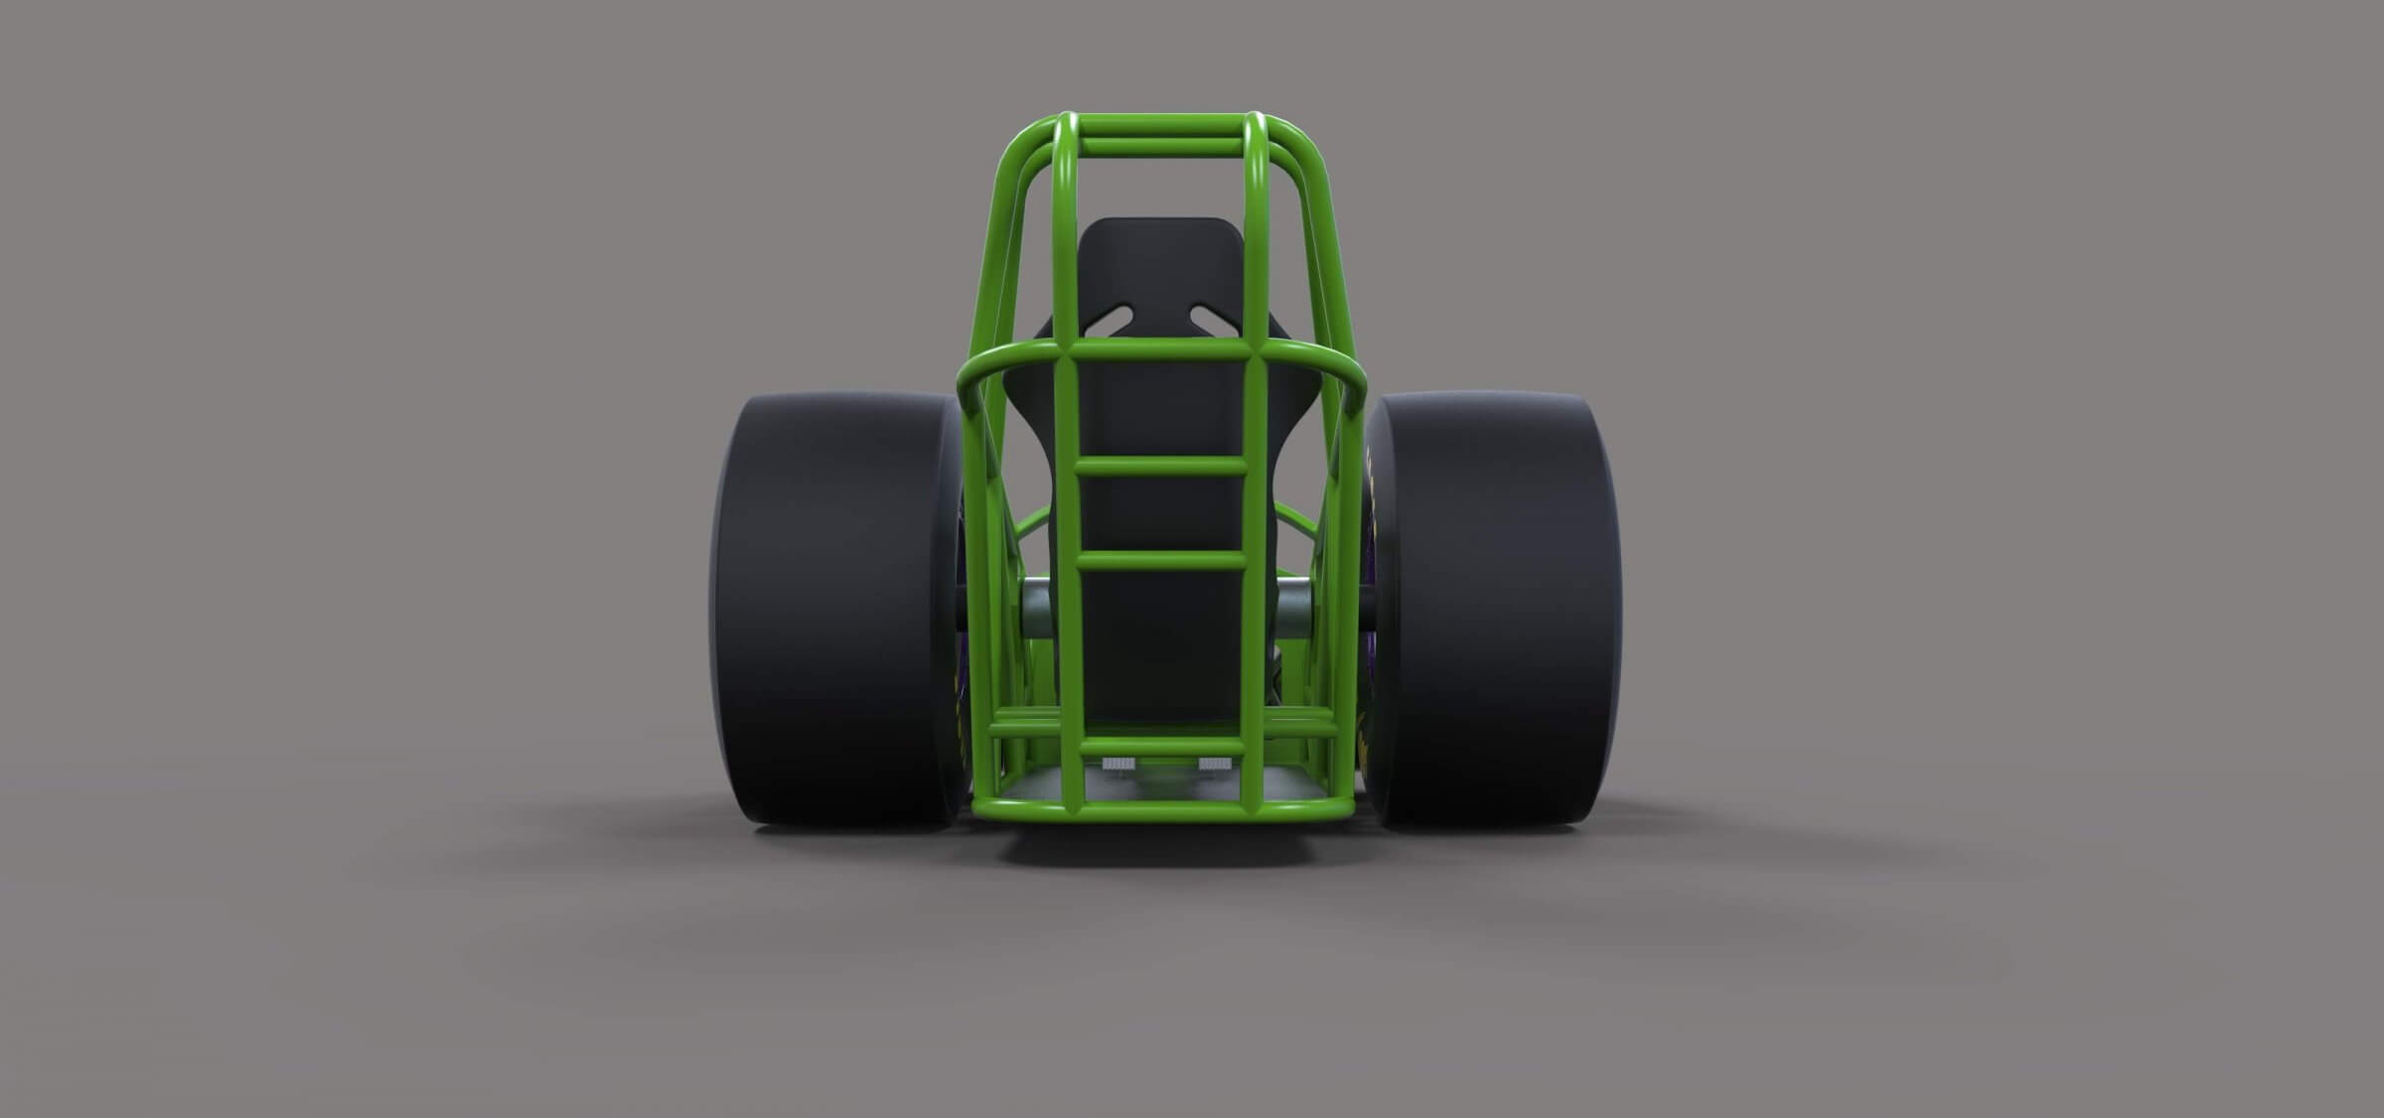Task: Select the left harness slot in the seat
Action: point(1113,320)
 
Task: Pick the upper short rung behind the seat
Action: point(1161,466)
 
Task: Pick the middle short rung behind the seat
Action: point(1161,560)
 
